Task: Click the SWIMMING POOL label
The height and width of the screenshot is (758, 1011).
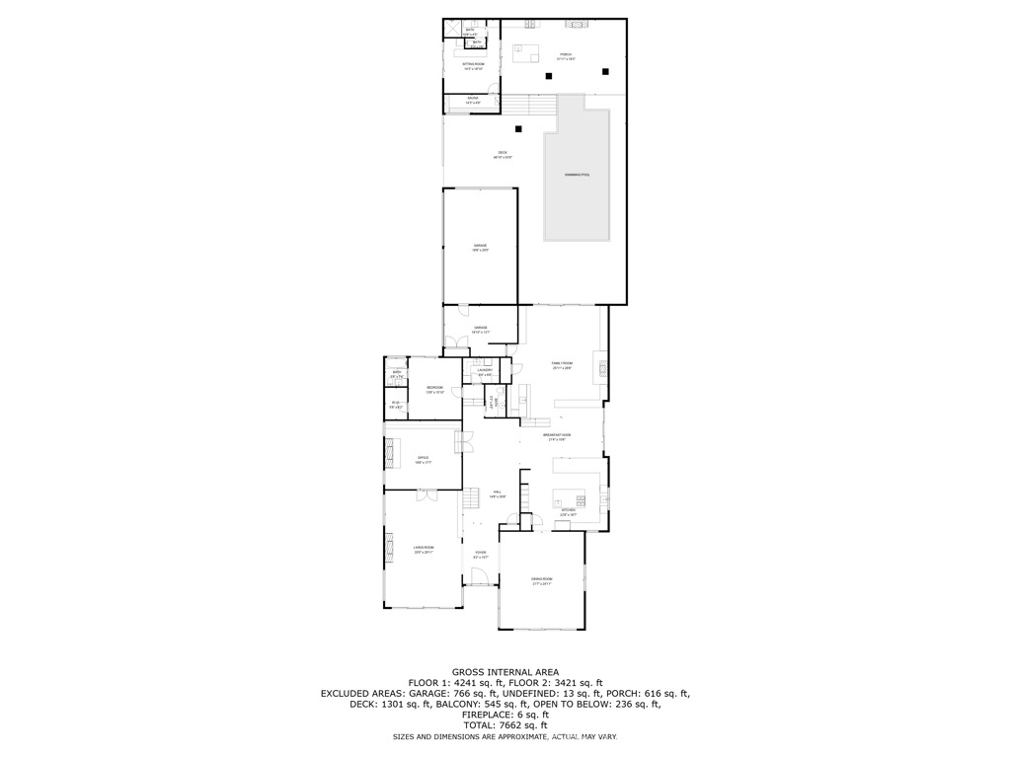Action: (577, 175)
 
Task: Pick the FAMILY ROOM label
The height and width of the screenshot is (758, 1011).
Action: (562, 365)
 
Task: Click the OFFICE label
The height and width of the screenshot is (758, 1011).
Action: (423, 460)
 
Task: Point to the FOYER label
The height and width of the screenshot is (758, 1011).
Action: (481, 555)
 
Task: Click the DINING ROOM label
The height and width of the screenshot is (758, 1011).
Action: (541, 581)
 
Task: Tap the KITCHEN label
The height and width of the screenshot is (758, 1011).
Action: (568, 512)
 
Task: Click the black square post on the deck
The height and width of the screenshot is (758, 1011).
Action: (518, 128)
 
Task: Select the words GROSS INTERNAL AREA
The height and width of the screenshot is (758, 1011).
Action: (505, 672)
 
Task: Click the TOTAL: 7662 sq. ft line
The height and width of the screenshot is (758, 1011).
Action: (505, 724)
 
